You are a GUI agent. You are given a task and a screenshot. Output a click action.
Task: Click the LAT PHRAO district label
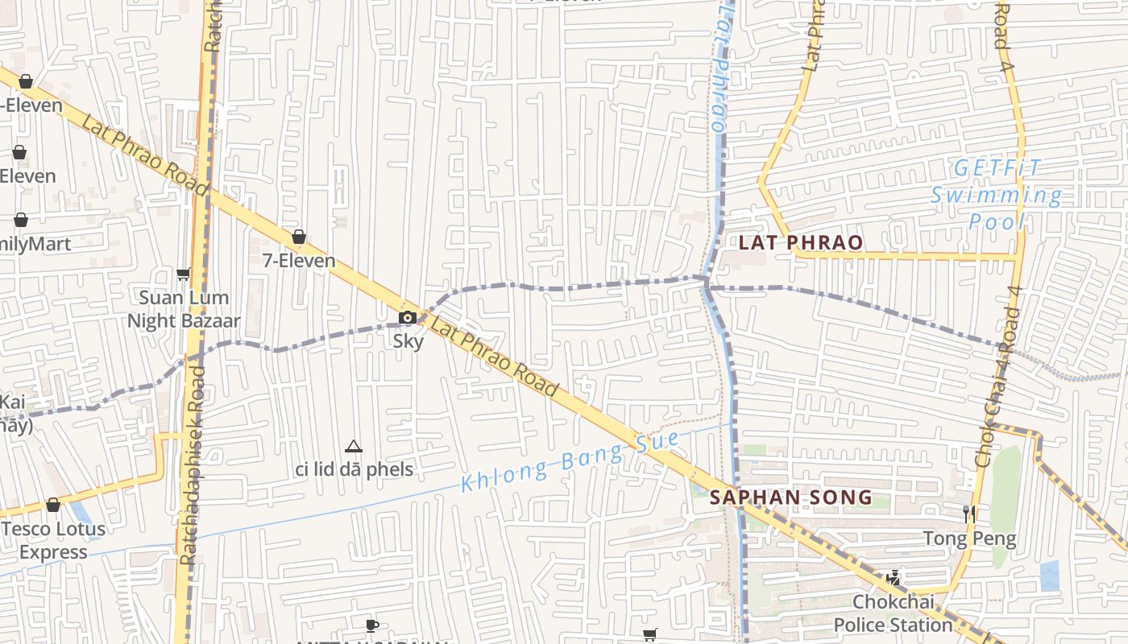click(800, 242)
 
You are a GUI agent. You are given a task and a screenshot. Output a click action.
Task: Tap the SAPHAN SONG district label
click(792, 497)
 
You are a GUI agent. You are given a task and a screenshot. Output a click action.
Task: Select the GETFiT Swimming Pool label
click(997, 195)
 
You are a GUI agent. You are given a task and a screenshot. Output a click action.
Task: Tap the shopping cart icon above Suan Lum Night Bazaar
click(184, 274)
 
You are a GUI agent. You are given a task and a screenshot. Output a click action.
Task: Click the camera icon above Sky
click(408, 317)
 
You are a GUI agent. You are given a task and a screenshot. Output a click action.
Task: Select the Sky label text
click(408, 341)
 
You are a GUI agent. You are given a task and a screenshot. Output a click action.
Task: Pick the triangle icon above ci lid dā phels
click(353, 446)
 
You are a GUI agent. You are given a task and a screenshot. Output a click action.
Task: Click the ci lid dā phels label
click(355, 469)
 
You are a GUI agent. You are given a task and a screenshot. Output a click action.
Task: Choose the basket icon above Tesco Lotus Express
click(53, 505)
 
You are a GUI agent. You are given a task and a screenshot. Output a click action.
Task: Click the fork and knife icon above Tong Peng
click(970, 514)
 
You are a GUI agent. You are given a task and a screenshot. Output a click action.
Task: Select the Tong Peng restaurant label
click(969, 538)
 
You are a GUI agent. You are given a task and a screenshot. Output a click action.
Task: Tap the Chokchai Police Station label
click(893, 613)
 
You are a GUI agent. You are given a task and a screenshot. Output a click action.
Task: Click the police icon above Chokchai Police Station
click(893, 577)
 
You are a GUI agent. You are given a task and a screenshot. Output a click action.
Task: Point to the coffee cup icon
click(371, 625)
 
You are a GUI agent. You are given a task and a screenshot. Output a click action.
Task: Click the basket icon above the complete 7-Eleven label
click(299, 237)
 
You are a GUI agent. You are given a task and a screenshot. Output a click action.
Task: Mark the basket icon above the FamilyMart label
click(21, 220)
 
